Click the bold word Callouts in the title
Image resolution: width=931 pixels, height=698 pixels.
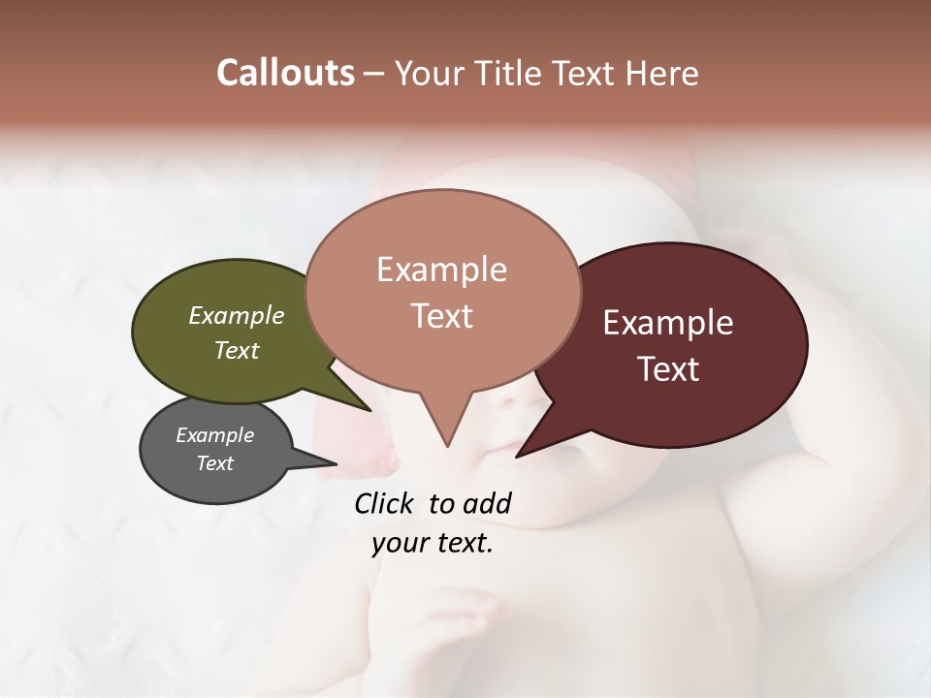point(285,73)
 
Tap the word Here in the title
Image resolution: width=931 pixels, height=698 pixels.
point(662,74)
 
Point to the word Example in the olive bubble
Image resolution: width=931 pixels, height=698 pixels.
point(237,316)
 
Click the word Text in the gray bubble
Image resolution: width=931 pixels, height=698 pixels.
point(215,463)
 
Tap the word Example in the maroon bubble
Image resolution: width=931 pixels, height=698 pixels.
point(668,323)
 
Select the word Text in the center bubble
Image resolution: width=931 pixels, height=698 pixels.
point(442,316)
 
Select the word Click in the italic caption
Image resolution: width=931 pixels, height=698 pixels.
point(386,503)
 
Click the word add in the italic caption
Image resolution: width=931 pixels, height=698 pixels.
point(485,503)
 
